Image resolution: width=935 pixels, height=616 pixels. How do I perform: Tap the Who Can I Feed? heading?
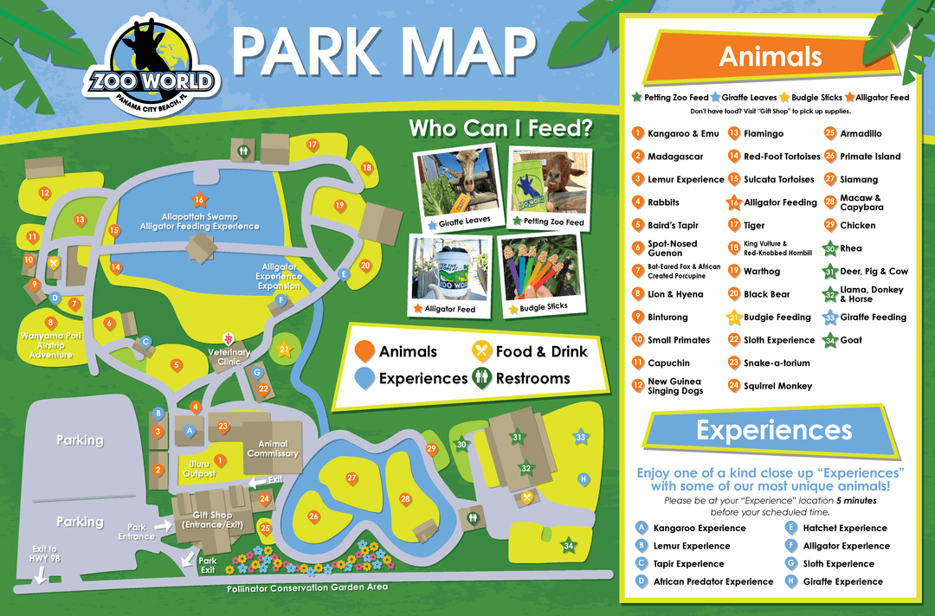pos(500,129)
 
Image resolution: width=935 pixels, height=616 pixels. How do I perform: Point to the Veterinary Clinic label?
pos(229,357)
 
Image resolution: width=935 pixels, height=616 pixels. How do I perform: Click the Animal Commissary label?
pos(273,449)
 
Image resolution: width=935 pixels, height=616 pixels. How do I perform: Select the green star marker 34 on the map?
pos(568,545)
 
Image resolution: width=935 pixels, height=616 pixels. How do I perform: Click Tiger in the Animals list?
pos(754,226)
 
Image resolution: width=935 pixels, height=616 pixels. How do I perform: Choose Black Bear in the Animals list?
pos(766,294)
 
